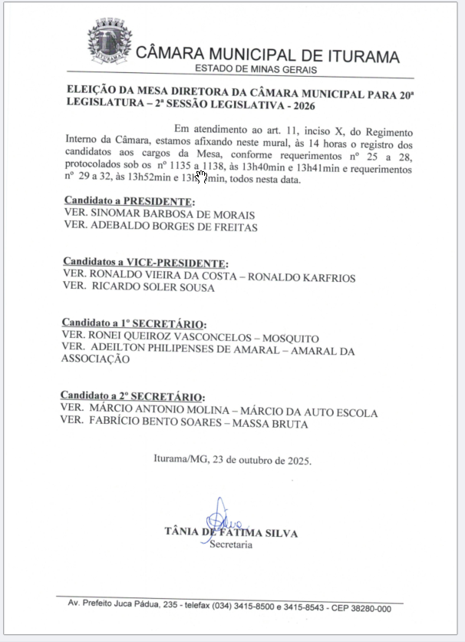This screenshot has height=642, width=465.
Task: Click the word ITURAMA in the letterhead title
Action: [360, 57]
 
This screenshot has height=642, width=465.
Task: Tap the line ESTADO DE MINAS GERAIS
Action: [256, 70]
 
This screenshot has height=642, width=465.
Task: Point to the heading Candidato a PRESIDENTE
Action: [123, 201]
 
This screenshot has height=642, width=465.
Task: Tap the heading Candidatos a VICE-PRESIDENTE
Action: [145, 263]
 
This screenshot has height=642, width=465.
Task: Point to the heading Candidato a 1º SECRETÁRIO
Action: [134, 324]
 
